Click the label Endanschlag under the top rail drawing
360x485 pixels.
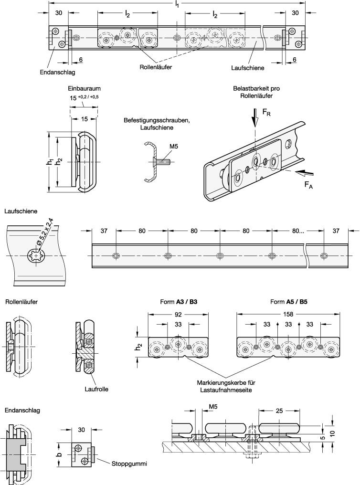click(x=58, y=73)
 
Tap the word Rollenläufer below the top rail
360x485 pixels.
click(x=156, y=67)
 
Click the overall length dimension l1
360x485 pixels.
click(x=177, y=4)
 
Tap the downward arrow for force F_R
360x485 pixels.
click(x=255, y=119)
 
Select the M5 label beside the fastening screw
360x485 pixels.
click(x=173, y=147)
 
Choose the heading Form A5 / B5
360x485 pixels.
click(x=289, y=302)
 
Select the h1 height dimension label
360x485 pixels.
click(x=50, y=162)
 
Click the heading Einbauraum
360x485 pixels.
click(x=84, y=88)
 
